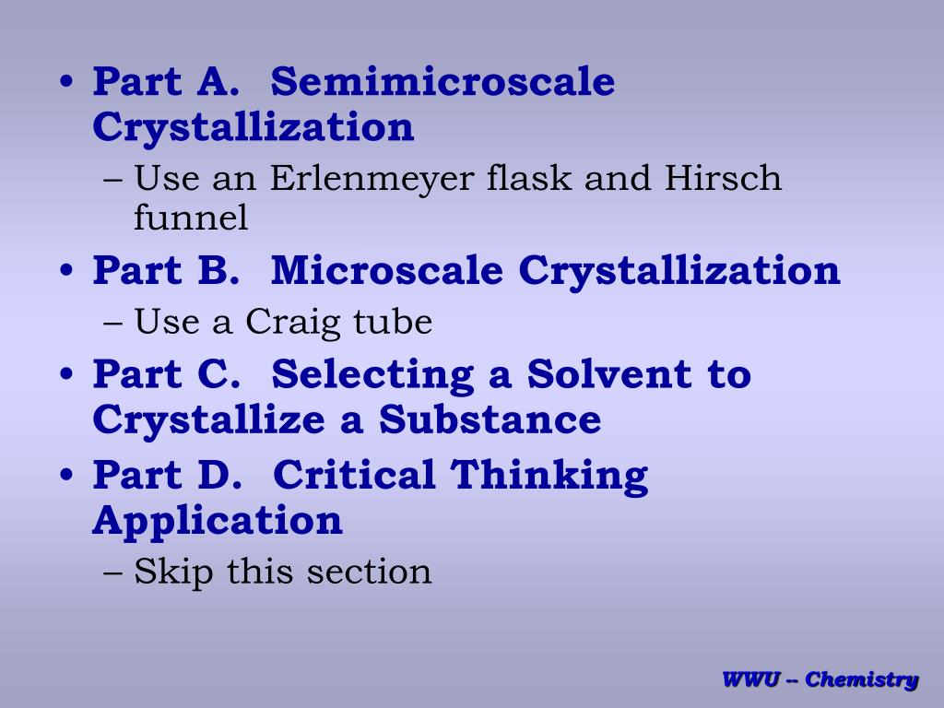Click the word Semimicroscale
443,82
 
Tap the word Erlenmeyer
372,177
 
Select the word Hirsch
724,177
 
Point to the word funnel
191,218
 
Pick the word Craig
295,322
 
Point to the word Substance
490,419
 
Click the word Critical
354,475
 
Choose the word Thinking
549,477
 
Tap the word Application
218,522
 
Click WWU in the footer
751,680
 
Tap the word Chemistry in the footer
861,680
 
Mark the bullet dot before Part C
67,376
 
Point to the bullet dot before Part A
67,84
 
